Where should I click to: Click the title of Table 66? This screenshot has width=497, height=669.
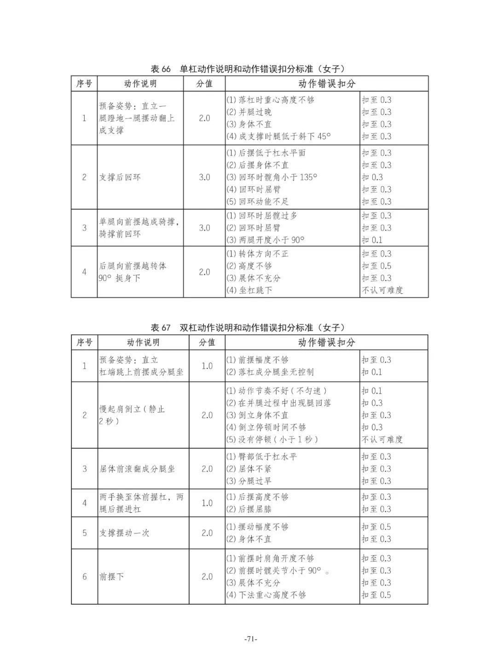click(x=248, y=69)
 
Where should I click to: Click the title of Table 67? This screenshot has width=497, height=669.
click(x=248, y=327)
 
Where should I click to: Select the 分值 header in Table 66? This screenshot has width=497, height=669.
click(x=204, y=84)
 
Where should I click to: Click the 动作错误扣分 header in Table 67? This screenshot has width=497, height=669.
click(x=327, y=343)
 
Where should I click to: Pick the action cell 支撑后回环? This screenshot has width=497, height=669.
click(x=120, y=177)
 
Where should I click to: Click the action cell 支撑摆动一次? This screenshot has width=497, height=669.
click(x=124, y=533)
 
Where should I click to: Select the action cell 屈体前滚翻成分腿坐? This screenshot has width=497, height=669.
click(x=137, y=469)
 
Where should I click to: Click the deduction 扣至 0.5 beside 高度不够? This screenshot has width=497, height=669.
click(x=376, y=266)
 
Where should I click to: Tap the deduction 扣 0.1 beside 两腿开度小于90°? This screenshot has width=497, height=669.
click(x=372, y=240)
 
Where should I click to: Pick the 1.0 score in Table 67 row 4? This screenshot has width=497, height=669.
click(x=207, y=503)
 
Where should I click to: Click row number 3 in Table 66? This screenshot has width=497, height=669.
click(x=84, y=228)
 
